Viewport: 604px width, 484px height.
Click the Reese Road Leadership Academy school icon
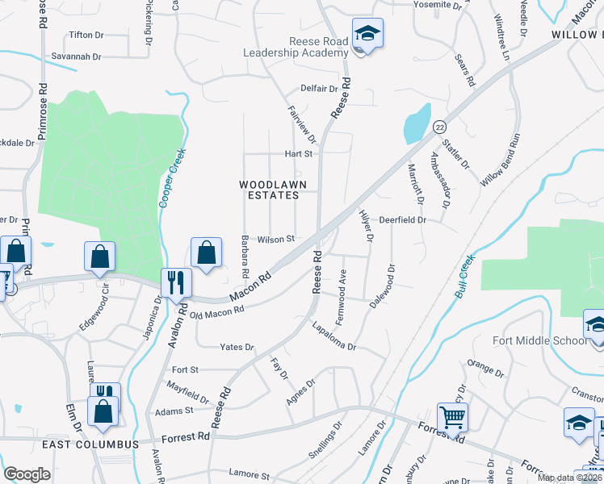pyautogui.click(x=367, y=34)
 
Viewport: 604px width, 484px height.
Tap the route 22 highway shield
pyautogui.click(x=438, y=127)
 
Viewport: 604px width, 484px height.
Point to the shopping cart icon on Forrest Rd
pyautogui.click(x=452, y=417)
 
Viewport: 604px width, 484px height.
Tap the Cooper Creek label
pyautogui.click(x=172, y=177)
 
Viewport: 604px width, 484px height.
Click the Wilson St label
pyautogui.click(x=276, y=239)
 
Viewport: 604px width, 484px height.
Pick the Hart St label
pyautogui.click(x=297, y=153)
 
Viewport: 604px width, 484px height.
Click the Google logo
pyautogui.click(x=27, y=474)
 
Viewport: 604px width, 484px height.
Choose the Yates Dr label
pyautogui.click(x=237, y=347)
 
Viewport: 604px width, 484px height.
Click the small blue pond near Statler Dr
pyautogui.click(x=416, y=123)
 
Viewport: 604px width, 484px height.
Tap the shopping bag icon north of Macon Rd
pyautogui.click(x=207, y=252)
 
